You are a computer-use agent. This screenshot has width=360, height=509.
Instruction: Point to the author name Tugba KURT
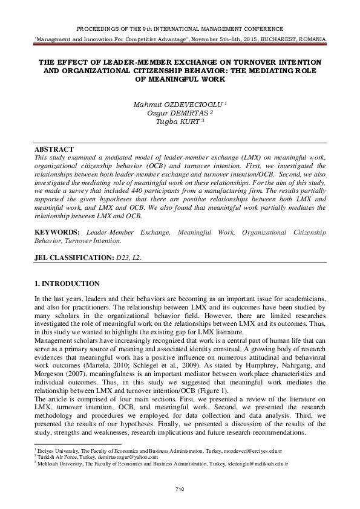178,122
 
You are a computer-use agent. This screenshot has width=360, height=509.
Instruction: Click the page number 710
179,488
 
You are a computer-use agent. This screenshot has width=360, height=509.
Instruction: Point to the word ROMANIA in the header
310,39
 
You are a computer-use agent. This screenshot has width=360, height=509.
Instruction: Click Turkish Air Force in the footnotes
55,458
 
